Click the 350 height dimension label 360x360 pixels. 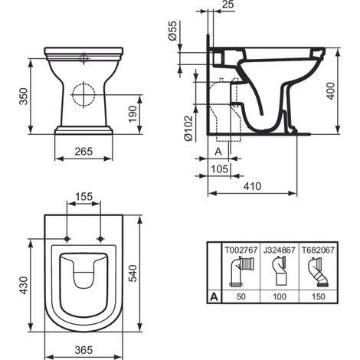click(x=25, y=97)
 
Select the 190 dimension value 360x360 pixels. click(x=133, y=114)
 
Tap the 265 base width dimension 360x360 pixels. click(x=83, y=152)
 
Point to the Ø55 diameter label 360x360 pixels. click(x=173, y=31)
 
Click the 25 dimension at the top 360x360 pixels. click(x=227, y=5)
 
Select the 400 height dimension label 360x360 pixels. click(x=331, y=91)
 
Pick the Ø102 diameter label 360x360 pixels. click(x=188, y=128)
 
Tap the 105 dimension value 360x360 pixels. click(x=220, y=169)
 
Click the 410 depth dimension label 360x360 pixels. click(x=252, y=186)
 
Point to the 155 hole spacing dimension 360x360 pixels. click(x=83, y=196)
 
